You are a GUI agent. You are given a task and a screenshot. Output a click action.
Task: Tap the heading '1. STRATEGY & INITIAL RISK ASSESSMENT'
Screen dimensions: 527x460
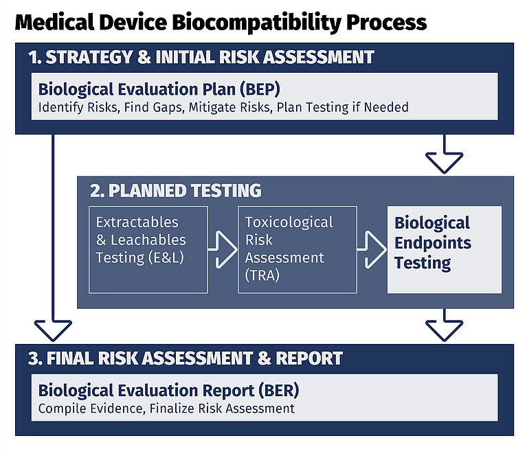[201, 57]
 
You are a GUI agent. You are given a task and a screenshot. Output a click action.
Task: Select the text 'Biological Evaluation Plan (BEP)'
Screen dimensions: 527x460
[159, 89]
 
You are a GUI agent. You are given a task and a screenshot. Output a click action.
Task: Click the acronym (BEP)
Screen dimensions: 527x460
[260, 89]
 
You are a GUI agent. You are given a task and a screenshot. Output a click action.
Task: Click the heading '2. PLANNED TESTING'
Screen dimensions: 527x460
[175, 190]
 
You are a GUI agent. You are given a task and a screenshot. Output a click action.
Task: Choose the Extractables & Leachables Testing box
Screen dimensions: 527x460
[148, 249]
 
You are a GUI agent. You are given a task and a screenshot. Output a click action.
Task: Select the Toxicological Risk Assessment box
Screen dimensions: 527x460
[298, 249]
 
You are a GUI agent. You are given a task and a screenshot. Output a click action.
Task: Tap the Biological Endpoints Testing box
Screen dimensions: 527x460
[445, 249]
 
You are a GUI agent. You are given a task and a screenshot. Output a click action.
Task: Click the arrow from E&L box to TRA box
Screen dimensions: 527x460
[223, 249]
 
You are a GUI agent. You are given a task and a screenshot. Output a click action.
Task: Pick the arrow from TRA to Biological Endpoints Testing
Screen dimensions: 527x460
[372, 249]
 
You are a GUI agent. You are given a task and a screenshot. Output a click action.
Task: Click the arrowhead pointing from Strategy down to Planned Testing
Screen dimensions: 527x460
[444, 163]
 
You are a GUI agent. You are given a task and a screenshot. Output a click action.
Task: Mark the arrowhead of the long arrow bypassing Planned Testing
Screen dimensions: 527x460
[53, 331]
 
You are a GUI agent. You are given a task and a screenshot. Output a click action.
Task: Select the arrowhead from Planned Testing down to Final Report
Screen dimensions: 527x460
[444, 331]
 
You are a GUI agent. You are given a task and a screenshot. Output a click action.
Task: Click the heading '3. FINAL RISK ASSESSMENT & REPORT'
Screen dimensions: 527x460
[186, 358]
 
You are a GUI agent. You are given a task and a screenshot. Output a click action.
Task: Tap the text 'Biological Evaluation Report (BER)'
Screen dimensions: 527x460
[169, 391]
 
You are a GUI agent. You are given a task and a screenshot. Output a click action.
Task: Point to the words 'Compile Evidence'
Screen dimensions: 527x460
[92, 409]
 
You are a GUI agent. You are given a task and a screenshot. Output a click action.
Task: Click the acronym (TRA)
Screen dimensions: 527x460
[262, 275]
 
